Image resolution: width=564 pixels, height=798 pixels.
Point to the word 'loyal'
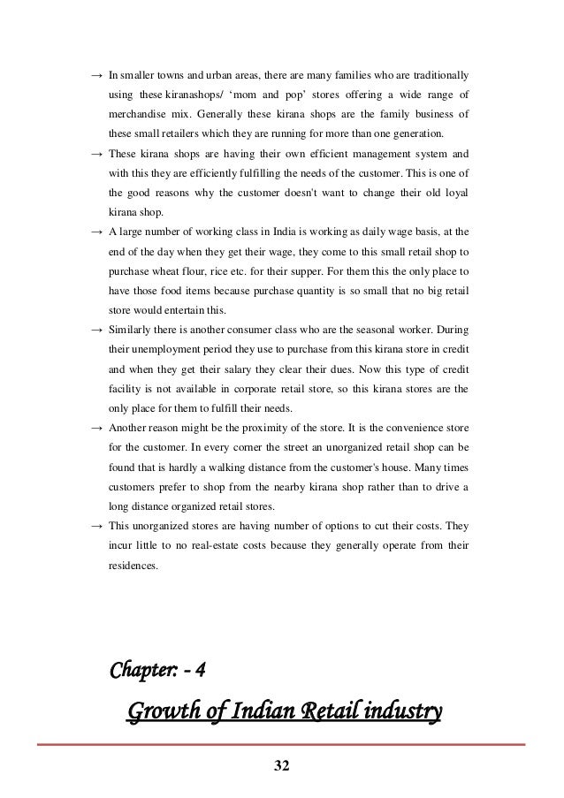tap(454, 192)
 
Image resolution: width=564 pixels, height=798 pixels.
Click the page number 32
tap(281, 764)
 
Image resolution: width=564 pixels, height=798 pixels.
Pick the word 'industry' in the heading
tap(398, 711)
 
